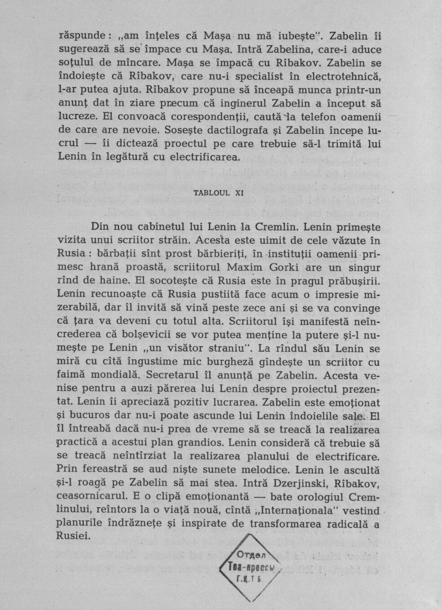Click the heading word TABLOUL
coord(211,193)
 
